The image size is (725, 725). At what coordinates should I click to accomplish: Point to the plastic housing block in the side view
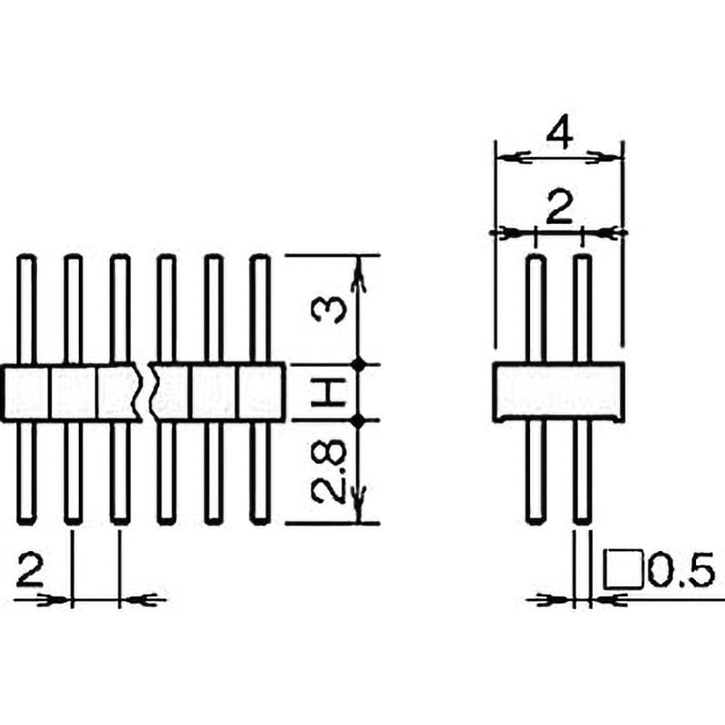559,393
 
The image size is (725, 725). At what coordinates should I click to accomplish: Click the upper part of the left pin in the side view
536,308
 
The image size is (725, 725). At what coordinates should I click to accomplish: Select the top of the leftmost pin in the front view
27,263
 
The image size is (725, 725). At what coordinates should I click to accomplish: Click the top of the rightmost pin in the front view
260,263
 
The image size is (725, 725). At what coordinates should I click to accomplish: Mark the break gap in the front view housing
148,393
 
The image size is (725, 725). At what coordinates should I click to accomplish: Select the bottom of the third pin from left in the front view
121,517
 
